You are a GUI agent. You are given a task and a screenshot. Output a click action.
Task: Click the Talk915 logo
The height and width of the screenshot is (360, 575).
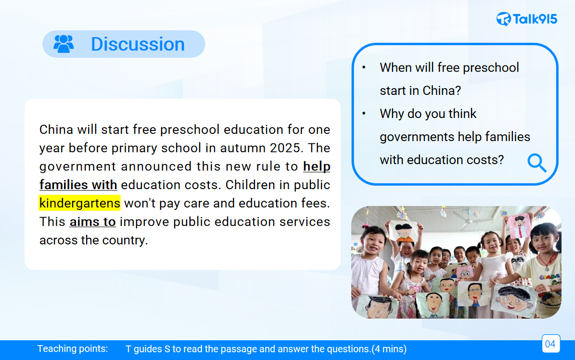point(526,19)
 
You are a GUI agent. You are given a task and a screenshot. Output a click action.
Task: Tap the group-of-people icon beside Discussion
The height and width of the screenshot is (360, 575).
point(64,44)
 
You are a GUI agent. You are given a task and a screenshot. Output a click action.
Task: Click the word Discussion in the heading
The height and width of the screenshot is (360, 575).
point(138,44)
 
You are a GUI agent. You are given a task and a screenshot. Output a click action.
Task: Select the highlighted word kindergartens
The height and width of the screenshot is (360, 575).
point(80,203)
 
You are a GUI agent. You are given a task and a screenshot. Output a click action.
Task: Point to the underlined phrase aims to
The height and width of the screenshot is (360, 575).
point(93,222)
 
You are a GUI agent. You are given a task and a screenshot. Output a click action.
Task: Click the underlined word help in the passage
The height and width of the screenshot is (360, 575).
point(317,167)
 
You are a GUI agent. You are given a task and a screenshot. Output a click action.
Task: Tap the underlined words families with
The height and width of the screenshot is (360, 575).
point(78,185)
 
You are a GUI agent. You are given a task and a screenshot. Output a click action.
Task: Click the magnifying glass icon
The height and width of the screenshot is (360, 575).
point(537,163)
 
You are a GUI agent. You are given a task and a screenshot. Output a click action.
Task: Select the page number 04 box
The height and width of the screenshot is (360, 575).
point(551,344)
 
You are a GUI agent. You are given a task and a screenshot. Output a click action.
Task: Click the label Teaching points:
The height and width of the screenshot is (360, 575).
point(73,348)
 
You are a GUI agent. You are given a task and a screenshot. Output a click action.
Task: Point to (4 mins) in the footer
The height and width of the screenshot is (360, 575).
point(389,349)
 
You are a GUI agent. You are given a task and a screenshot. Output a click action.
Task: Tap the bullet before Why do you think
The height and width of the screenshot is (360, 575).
point(364,114)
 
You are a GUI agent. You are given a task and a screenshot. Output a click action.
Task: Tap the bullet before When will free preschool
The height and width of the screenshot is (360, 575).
point(364,67)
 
